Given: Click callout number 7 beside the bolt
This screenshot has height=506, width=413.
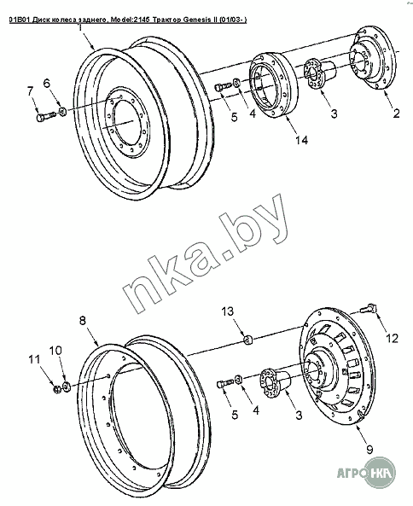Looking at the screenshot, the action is coord(30,91).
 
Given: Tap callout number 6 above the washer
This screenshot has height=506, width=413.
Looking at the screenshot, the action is coord(47,84).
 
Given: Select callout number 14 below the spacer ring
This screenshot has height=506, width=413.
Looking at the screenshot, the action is coord(301,140).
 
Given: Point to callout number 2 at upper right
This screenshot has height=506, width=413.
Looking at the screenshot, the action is coord(396,113).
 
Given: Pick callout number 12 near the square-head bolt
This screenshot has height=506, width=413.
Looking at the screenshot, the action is coord(393,338).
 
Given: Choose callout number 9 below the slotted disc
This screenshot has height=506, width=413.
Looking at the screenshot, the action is coord(369,449).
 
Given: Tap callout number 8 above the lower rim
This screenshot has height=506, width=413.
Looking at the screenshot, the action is coord(83,321).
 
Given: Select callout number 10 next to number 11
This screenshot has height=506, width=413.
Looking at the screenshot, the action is coord(55,351).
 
